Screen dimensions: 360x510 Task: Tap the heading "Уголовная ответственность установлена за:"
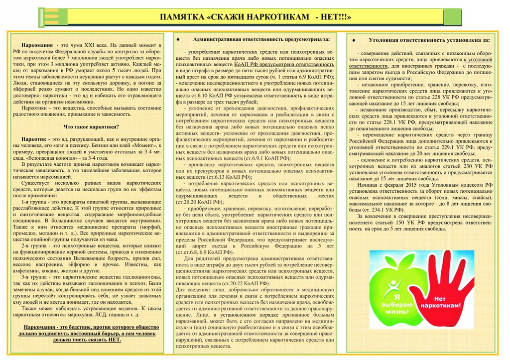(x=429, y=39)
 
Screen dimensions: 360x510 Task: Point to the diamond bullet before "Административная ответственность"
(x=178, y=39)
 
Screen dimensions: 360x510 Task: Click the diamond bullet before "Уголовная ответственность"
(x=353, y=39)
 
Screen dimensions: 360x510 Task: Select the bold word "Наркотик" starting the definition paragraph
(x=35, y=139)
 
